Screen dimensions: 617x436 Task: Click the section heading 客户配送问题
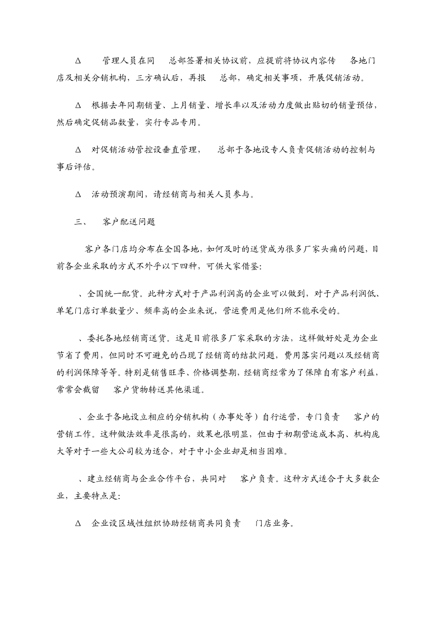pos(129,222)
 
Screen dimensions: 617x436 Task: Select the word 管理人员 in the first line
pos(116,61)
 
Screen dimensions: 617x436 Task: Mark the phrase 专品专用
pos(180,123)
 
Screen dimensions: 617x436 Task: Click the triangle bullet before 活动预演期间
pos(78,194)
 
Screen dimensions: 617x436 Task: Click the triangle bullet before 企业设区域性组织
pos(78,523)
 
